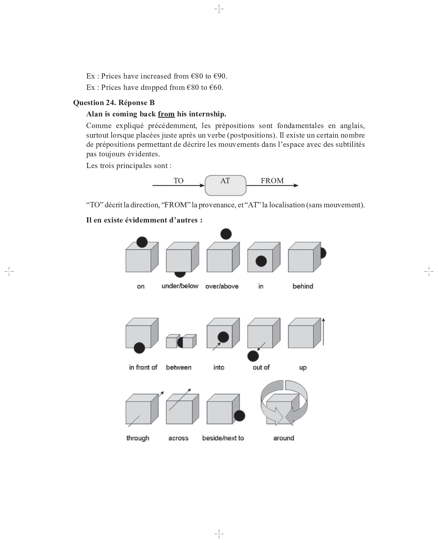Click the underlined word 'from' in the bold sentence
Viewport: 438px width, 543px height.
point(166,114)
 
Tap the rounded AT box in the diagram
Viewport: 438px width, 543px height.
point(225,185)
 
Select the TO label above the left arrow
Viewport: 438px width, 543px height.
point(178,181)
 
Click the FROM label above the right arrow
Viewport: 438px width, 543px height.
point(272,181)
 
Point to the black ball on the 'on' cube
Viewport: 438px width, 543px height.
point(142,242)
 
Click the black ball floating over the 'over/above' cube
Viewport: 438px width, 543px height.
point(226,234)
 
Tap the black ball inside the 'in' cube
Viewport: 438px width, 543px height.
point(261,261)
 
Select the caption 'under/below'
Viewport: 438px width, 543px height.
point(180,286)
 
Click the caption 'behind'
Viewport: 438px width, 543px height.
point(303,286)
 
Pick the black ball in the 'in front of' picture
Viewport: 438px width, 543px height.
point(139,348)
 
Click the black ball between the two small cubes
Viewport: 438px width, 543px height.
point(180,342)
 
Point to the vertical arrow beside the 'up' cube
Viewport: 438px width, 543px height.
point(324,331)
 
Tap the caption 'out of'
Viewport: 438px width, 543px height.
point(261,368)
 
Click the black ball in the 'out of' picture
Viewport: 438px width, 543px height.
point(253,356)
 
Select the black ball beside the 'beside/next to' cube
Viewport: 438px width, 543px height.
point(239,416)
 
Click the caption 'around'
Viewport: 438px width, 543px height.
point(284,438)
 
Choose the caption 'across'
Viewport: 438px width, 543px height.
point(178,438)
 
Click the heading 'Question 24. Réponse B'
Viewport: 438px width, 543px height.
point(114,103)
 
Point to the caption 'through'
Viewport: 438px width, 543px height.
point(138,438)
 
